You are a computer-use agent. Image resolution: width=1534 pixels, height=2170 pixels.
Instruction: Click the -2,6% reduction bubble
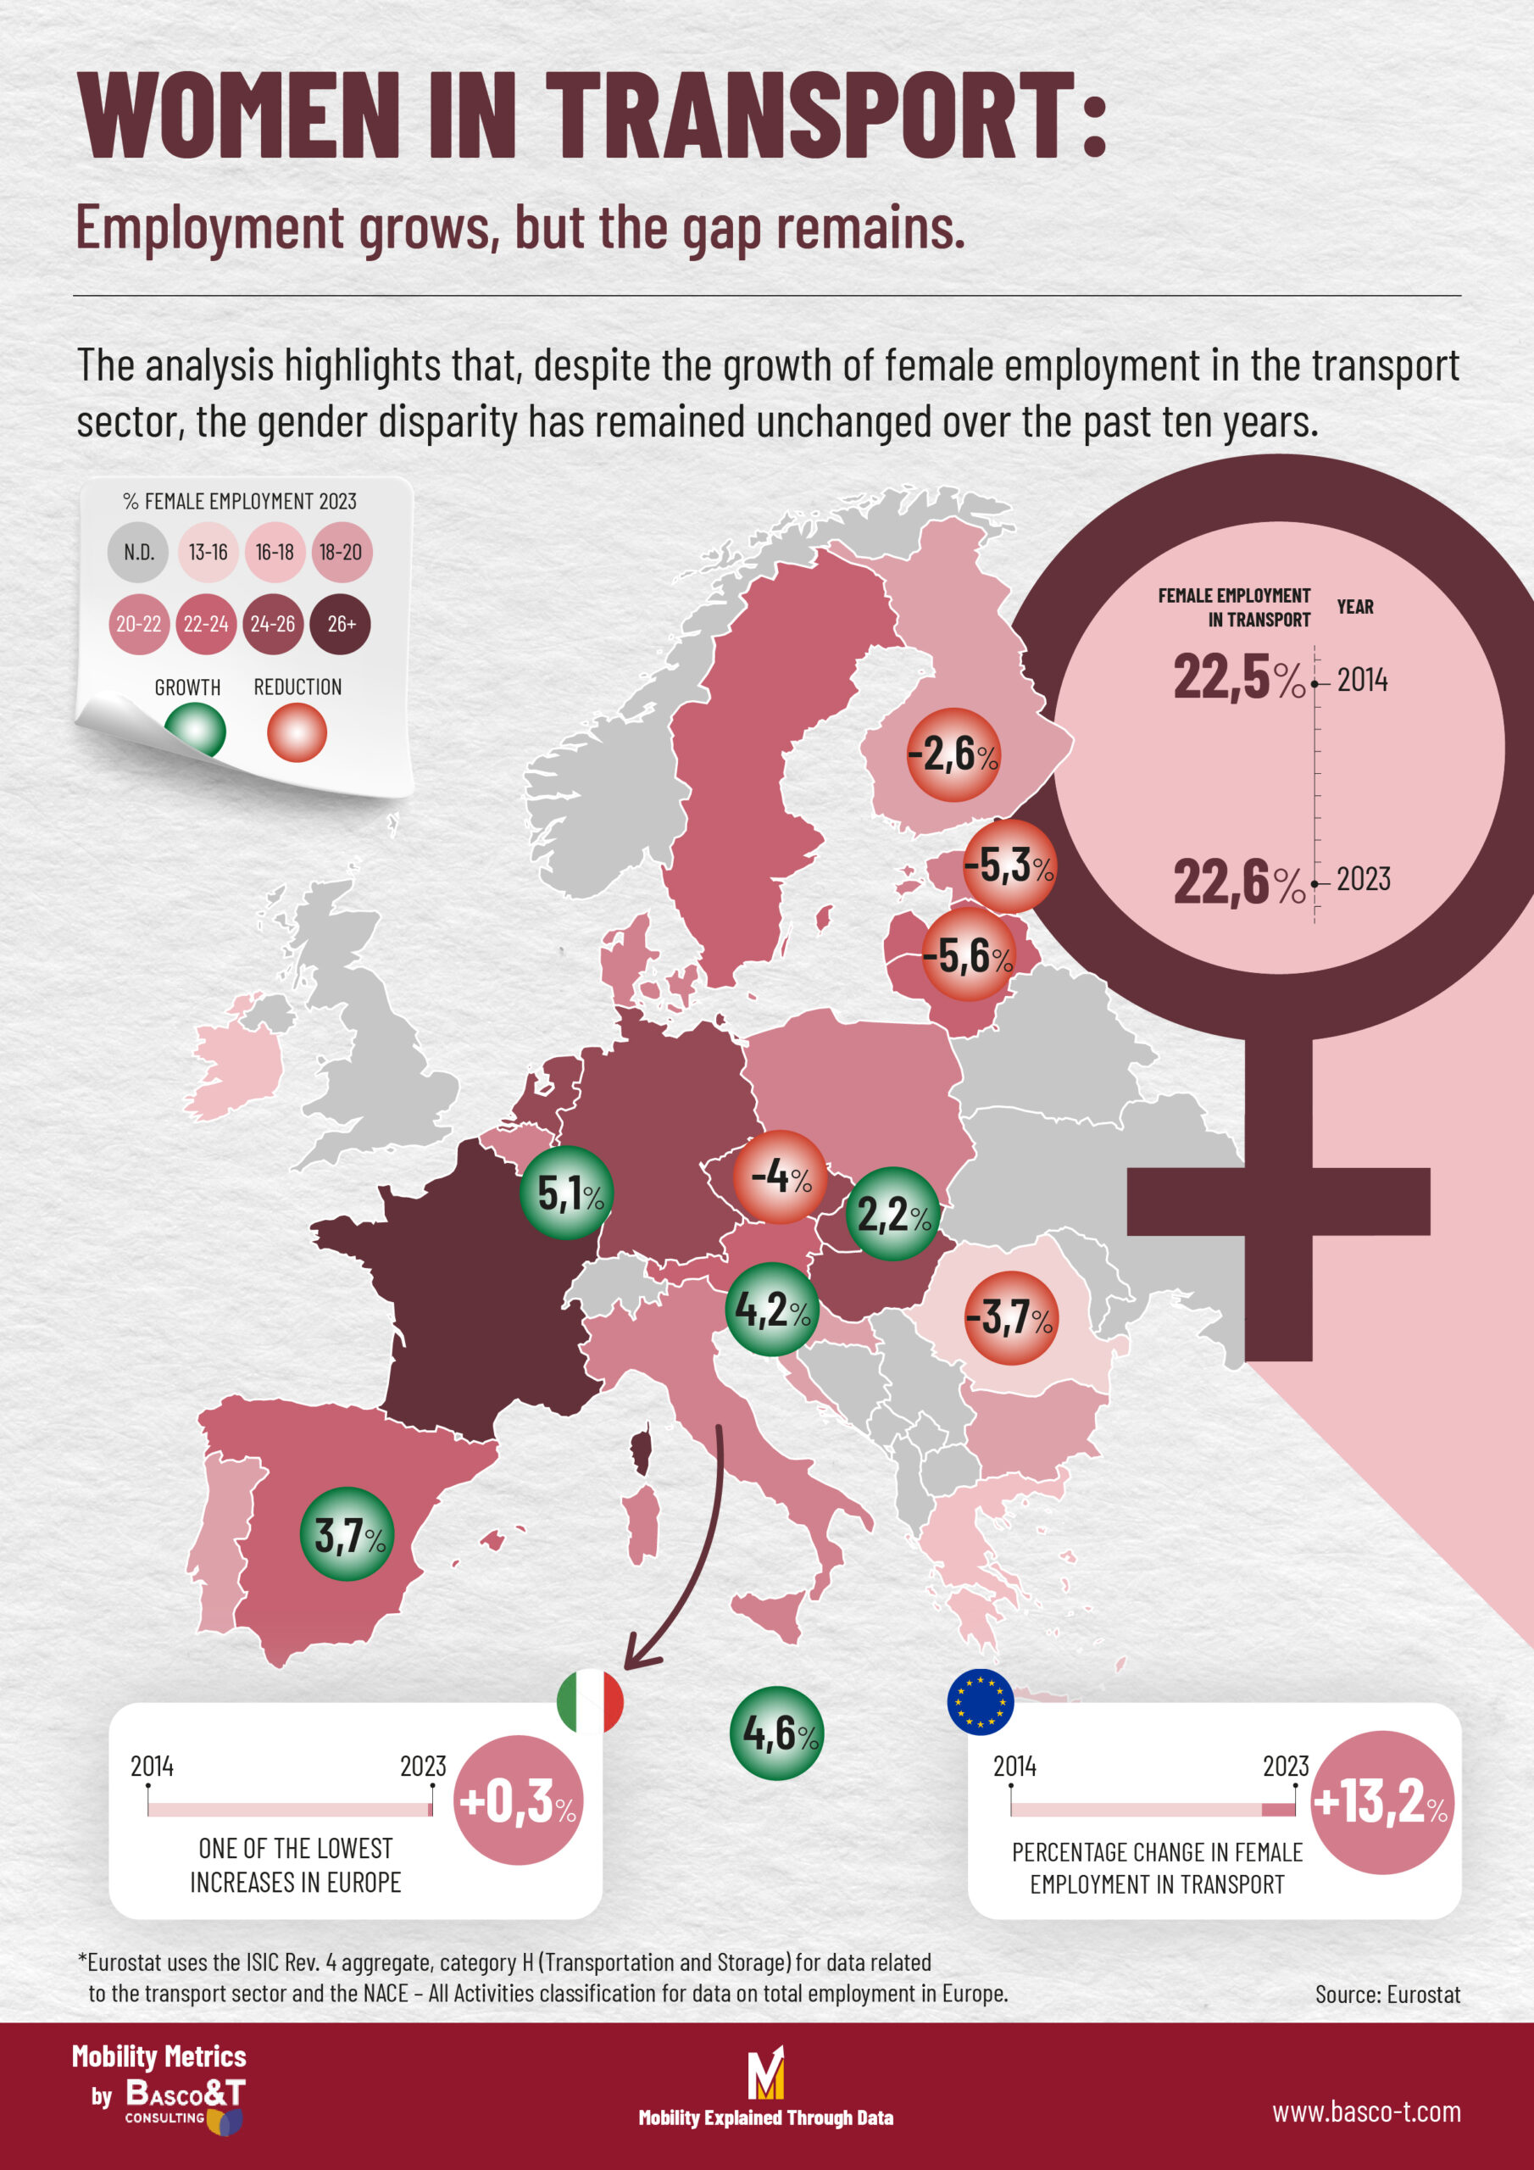tap(953, 754)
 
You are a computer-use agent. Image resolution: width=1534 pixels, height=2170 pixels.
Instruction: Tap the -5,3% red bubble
tap(1009, 865)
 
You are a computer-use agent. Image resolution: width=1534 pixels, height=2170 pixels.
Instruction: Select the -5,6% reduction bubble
tap(968, 955)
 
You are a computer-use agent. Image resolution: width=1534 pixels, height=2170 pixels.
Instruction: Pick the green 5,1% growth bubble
tap(567, 1193)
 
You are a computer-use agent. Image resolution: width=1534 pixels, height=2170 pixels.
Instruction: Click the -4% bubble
tap(781, 1177)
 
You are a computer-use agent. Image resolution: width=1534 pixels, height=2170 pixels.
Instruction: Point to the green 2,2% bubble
tap(892, 1214)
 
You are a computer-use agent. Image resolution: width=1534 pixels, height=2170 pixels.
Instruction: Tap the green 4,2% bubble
tap(772, 1309)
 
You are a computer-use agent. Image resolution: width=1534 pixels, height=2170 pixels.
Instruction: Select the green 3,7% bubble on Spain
tap(347, 1534)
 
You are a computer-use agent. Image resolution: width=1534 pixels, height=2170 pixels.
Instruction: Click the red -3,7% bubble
tap(1010, 1316)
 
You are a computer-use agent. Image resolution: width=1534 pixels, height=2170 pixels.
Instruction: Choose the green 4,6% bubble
tap(777, 1733)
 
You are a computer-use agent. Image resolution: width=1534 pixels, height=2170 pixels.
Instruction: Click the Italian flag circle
tap(591, 1701)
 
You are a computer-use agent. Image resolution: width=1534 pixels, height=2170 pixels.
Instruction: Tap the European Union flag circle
tap(980, 1701)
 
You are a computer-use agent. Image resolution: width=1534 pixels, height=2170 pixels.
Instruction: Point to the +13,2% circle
tap(1381, 1801)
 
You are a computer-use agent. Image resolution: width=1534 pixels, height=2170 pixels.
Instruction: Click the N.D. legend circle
tap(138, 552)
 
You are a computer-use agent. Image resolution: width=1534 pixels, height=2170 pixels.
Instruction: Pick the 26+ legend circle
tap(340, 624)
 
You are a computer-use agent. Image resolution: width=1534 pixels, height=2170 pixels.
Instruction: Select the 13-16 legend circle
tap(208, 552)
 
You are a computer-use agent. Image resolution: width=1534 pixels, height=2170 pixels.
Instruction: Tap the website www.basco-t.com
tap(1365, 2112)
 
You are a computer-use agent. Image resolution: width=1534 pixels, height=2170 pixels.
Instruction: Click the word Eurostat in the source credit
tap(1424, 1995)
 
